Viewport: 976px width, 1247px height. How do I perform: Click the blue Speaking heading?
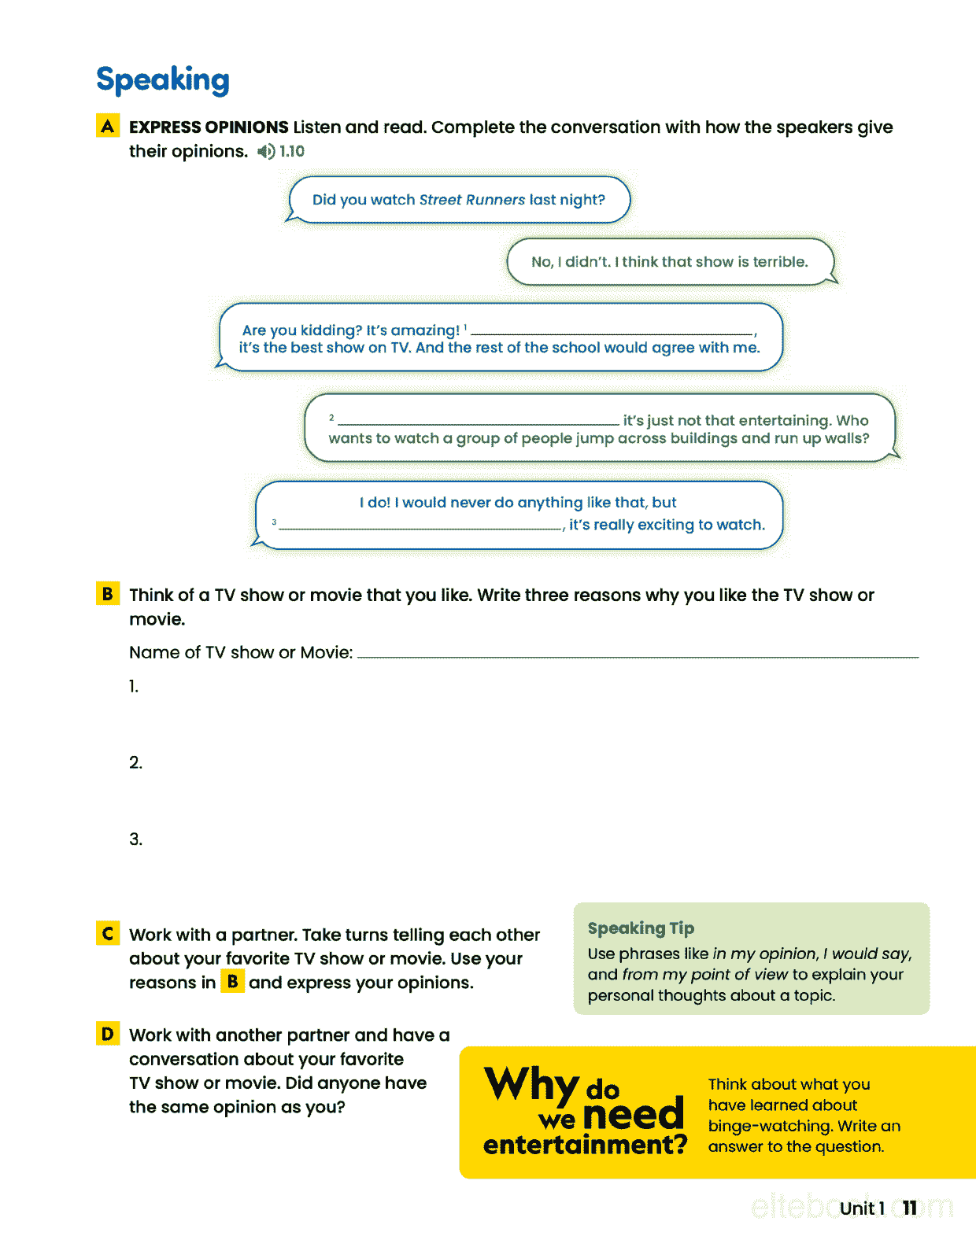click(x=163, y=80)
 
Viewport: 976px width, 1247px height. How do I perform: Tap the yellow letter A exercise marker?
click(x=108, y=126)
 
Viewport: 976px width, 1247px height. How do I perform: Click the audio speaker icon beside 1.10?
click(x=266, y=152)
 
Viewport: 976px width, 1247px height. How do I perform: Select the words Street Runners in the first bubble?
click(x=471, y=200)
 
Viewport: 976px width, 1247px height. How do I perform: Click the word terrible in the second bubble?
click(x=780, y=262)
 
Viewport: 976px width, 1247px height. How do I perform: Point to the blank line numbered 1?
click(x=612, y=332)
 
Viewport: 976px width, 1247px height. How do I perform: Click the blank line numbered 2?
click(x=478, y=422)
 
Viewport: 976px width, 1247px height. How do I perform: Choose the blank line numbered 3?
click(x=420, y=527)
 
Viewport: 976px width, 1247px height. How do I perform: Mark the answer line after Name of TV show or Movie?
click(x=638, y=655)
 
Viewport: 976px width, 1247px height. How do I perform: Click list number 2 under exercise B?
click(x=135, y=762)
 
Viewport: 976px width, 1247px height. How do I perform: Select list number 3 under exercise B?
click(x=135, y=839)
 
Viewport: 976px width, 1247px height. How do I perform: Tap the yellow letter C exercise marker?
click(x=108, y=934)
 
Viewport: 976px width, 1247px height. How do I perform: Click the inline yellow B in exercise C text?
click(x=232, y=982)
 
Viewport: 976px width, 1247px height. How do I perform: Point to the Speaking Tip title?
click(x=641, y=928)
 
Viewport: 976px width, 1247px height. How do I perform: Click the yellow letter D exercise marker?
click(x=108, y=1034)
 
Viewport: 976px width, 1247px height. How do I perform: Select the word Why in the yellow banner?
click(x=531, y=1084)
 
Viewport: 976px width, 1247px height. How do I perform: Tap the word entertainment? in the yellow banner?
click(x=585, y=1145)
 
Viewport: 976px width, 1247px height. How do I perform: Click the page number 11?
click(x=910, y=1208)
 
